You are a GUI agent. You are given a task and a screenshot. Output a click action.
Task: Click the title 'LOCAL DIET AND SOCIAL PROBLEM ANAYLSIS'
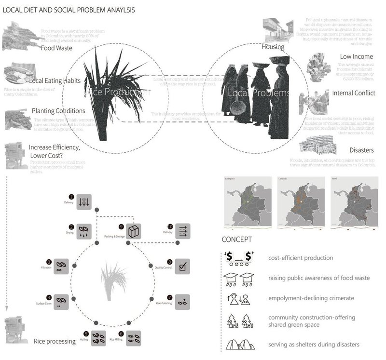coord(69,10)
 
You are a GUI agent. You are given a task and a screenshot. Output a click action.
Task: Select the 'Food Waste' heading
coord(56,48)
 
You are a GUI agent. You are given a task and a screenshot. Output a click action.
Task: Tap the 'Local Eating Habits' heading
coord(55,81)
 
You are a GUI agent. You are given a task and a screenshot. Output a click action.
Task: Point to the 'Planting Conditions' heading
coord(58,111)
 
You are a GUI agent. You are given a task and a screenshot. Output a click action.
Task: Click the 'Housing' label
coord(273,47)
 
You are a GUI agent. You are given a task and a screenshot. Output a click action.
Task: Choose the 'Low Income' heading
coord(356,57)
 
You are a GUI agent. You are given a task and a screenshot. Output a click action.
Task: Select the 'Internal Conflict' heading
coord(353,93)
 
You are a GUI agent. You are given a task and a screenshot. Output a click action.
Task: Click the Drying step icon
coord(83,230)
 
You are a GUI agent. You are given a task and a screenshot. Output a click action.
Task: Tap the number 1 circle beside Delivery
coord(71,197)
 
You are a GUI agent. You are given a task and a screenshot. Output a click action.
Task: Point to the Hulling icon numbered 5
coord(99,338)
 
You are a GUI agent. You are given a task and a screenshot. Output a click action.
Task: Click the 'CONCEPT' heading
coord(236,240)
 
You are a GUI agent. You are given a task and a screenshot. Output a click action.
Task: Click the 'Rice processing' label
coord(55,341)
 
